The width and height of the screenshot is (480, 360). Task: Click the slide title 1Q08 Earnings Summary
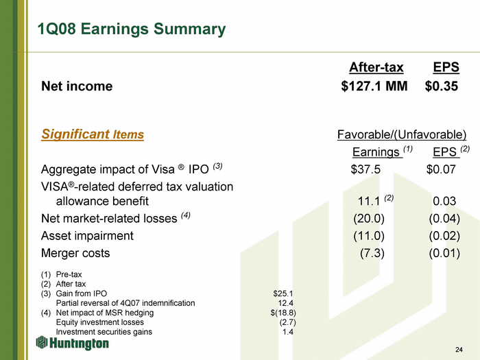point(132,29)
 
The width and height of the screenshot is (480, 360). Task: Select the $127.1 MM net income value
point(374,86)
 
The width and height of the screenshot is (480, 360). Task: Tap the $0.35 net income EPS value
point(442,86)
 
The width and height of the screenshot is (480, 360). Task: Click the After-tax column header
point(376,67)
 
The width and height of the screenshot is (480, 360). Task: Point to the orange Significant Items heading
point(93,134)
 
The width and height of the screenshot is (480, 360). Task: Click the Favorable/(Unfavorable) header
point(402,134)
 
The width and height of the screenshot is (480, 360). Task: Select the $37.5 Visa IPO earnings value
point(365,169)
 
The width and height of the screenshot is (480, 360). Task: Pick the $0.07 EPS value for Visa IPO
point(441,169)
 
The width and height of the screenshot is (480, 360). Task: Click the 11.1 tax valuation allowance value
point(369,201)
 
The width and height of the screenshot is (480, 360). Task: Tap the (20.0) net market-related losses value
point(369,218)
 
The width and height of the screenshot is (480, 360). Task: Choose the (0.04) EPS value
point(444,218)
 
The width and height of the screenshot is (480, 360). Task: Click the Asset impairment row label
point(87,236)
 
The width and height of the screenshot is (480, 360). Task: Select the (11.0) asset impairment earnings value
point(369,236)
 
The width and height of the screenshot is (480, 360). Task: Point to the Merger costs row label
point(75,253)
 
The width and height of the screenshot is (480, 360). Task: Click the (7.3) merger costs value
point(372,253)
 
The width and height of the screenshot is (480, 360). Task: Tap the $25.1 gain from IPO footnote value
point(283,293)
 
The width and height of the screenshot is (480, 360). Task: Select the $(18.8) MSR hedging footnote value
point(283,313)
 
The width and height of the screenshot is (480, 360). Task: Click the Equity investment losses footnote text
point(100,322)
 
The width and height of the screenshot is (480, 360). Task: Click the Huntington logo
point(72,343)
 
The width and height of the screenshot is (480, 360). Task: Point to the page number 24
point(459,350)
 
